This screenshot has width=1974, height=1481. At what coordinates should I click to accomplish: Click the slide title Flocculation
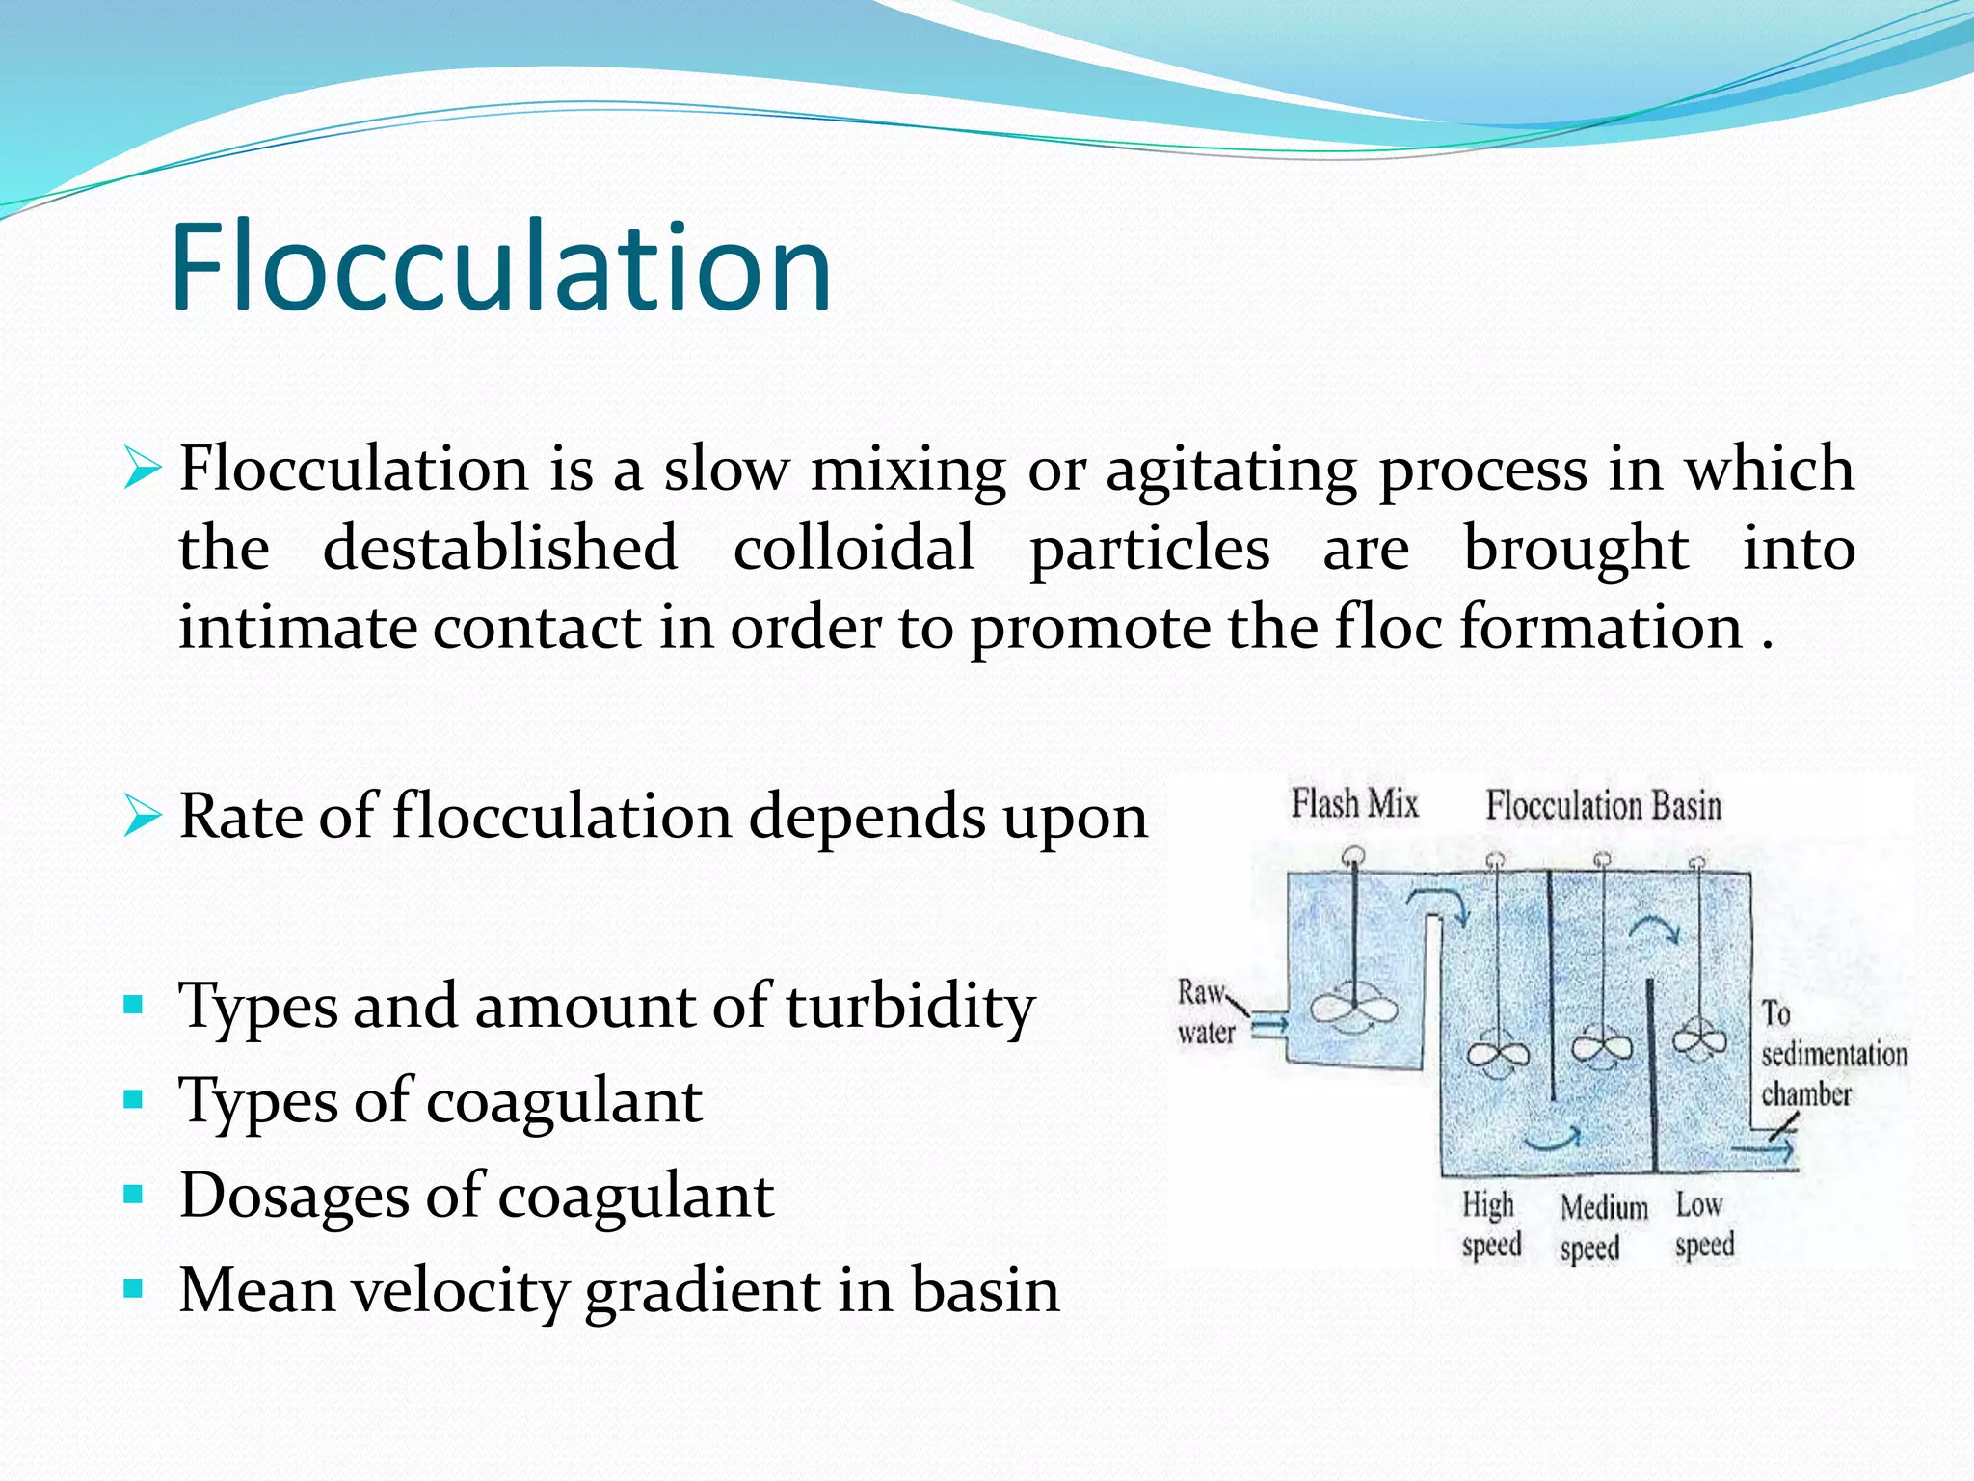point(501,267)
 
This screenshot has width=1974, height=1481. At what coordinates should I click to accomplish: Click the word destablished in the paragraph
point(499,548)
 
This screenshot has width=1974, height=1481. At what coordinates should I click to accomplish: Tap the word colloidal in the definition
point(853,548)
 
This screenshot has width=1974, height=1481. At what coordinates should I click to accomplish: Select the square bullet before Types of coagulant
point(134,1099)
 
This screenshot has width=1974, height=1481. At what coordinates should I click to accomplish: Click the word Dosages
point(294,1196)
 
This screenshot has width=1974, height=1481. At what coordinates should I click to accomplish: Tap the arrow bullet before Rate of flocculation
point(142,818)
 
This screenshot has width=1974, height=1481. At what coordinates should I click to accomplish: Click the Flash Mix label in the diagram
point(1354,803)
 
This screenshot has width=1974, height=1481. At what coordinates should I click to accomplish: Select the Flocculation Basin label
point(1603,805)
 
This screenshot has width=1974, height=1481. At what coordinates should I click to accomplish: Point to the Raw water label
point(1204,1012)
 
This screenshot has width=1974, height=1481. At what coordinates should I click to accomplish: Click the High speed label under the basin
point(1490,1225)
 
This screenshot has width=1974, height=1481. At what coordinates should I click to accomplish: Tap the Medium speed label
point(1602,1226)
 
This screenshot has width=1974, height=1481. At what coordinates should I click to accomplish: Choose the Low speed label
point(1703,1225)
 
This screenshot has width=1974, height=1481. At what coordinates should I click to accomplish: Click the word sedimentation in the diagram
point(1833,1054)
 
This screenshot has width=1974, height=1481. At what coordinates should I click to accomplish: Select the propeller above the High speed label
point(1497,1055)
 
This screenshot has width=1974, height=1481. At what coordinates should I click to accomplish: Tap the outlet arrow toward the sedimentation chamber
point(1763,1149)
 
